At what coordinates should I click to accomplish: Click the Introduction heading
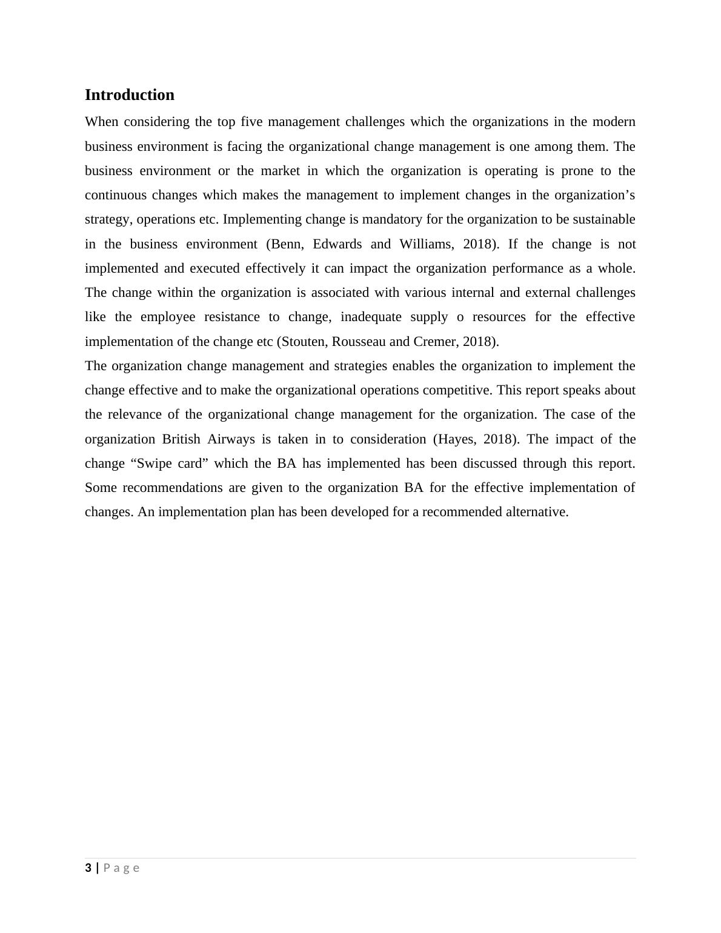tap(129, 95)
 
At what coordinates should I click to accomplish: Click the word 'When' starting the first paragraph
tap(101, 122)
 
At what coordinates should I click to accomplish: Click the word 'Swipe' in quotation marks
tap(154, 463)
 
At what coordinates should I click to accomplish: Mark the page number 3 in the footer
tap(88, 868)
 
